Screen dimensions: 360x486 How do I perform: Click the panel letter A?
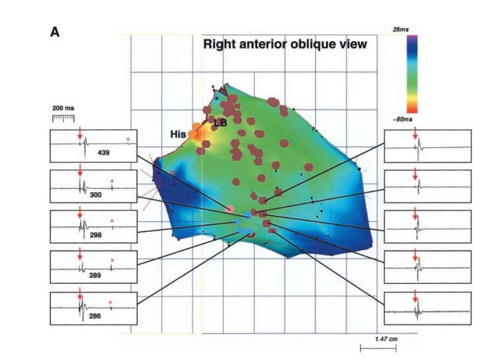click(x=55, y=32)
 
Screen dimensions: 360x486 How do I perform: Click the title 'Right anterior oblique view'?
click(x=285, y=44)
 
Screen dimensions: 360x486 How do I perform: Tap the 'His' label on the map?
click(x=178, y=134)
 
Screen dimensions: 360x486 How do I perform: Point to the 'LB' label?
click(x=221, y=124)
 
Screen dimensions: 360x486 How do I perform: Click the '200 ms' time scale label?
click(x=63, y=109)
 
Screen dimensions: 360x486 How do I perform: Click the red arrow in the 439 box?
click(x=80, y=134)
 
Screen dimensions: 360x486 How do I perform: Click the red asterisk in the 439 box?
click(x=128, y=139)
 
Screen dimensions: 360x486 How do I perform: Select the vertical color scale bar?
click(x=412, y=74)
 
